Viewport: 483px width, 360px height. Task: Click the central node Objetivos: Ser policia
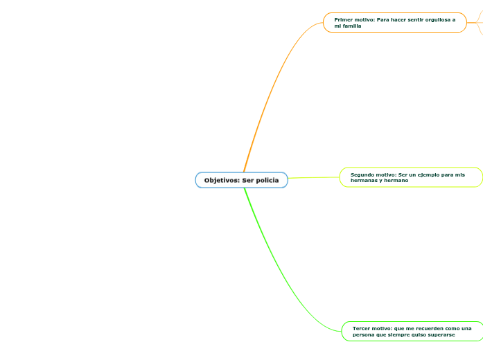coord(241,180)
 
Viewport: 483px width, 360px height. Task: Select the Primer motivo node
coord(394,23)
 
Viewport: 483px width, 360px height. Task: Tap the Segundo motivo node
coord(410,177)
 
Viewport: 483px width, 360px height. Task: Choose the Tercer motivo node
coord(412,331)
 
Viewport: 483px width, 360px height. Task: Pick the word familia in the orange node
coord(353,26)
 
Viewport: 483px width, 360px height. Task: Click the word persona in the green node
coord(365,334)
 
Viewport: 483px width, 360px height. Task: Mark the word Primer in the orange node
coord(342,19)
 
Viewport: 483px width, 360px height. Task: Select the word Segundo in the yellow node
coord(362,174)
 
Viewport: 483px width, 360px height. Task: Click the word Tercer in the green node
coord(362,328)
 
